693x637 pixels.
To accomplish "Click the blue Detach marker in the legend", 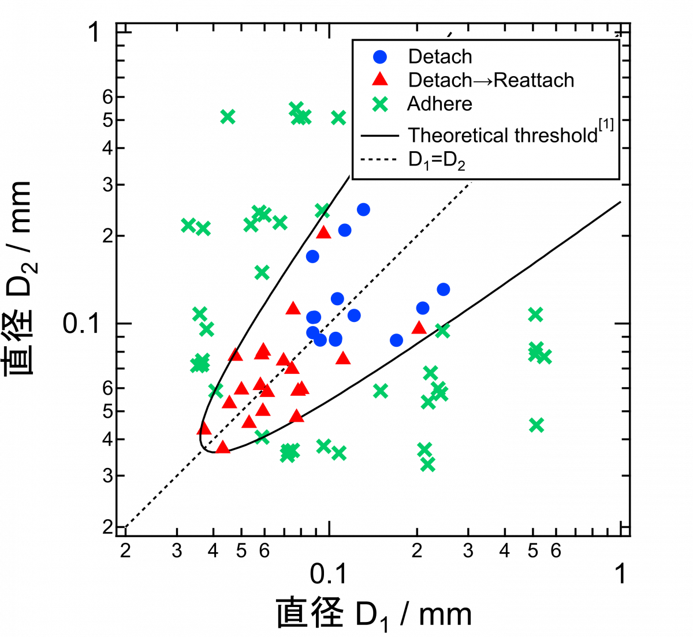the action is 380,57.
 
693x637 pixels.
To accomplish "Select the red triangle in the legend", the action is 380,79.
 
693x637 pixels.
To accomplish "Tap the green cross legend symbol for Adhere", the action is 381,104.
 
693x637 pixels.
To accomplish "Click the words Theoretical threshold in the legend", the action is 502,135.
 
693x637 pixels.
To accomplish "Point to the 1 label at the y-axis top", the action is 94,32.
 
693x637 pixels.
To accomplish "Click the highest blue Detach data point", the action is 363,209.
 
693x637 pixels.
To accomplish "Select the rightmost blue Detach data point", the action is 444,289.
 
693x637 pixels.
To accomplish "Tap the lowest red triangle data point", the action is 222,447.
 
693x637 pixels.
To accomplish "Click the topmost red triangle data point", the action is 324,233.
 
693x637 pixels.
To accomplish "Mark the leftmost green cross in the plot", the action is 188,226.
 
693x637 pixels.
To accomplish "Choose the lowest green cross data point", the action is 428,464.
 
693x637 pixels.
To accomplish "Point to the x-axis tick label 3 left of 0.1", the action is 177,551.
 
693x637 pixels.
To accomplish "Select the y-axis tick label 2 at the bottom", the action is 108,527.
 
